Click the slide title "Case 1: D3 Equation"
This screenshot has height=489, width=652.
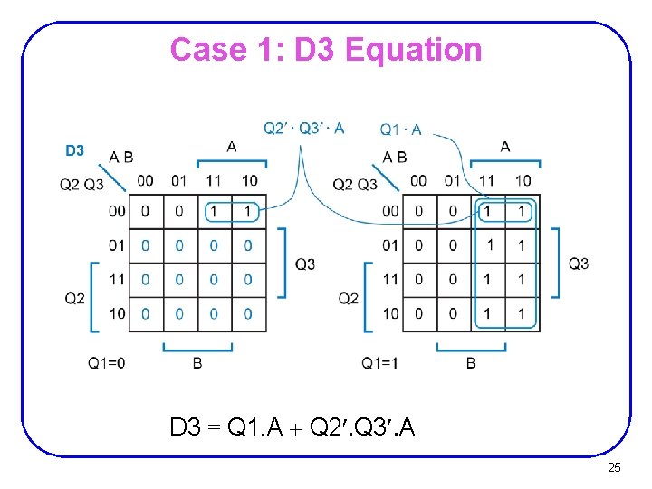click(x=326, y=49)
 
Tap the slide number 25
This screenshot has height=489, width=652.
click(x=614, y=467)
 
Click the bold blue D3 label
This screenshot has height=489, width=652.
click(x=74, y=149)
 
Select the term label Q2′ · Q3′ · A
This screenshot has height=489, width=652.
click(x=303, y=128)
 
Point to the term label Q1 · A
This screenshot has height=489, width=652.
click(x=400, y=130)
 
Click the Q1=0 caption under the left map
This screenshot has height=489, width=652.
click(x=107, y=363)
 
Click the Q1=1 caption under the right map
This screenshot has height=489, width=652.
click(x=380, y=363)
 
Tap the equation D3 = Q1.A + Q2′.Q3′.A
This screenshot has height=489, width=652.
click(x=292, y=427)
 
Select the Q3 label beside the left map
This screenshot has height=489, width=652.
click(x=305, y=264)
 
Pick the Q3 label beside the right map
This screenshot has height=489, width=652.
click(x=579, y=264)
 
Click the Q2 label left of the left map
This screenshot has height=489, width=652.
click(x=75, y=298)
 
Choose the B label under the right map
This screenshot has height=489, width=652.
click(x=470, y=363)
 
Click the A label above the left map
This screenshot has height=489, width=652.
click(x=232, y=146)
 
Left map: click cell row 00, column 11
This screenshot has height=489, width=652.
click(x=214, y=212)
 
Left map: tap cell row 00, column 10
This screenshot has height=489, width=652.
click(x=248, y=212)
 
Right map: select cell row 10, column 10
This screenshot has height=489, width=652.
click(x=522, y=313)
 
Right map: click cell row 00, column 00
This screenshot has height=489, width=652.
click(x=418, y=212)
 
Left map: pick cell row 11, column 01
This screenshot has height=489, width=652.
click(x=179, y=280)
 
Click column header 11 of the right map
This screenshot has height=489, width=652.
click(x=487, y=180)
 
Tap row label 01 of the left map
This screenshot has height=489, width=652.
click(x=117, y=245)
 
